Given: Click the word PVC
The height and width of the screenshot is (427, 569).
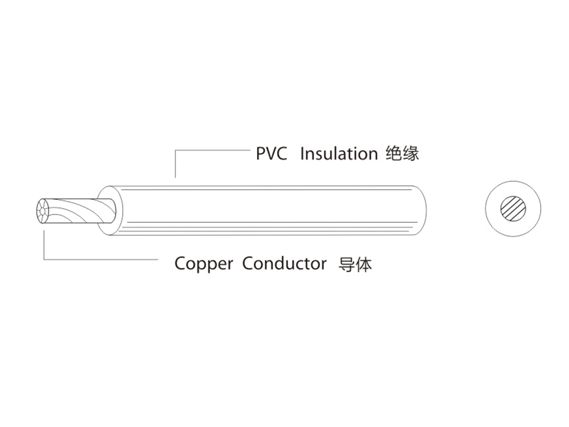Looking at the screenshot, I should pyautogui.click(x=271, y=154).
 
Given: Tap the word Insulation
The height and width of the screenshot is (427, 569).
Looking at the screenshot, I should pyautogui.click(x=339, y=154).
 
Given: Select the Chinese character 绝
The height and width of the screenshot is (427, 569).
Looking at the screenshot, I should pyautogui.click(x=394, y=154).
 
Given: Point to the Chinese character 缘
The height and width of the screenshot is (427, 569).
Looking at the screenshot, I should pyautogui.click(x=411, y=154).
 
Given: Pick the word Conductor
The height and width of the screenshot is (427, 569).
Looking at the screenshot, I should pyautogui.click(x=284, y=264).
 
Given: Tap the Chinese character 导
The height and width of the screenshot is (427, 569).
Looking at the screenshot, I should pyautogui.click(x=347, y=264).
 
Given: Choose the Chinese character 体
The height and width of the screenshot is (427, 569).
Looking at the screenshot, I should pyautogui.click(x=364, y=264).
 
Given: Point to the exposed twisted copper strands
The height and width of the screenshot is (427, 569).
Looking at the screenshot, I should pyautogui.click(x=80, y=211).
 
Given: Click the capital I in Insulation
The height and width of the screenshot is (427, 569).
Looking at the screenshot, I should pyautogui.click(x=302, y=154).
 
